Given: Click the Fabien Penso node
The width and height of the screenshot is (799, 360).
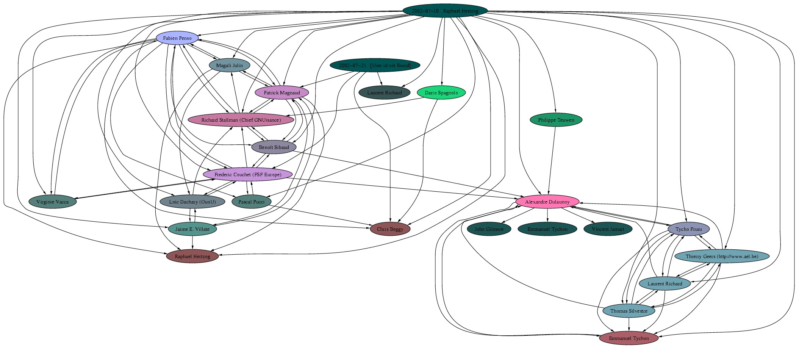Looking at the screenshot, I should click(177, 38).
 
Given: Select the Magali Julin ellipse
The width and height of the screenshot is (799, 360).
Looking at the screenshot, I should click(229, 65).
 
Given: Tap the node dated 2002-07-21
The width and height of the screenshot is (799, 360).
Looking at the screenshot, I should click(375, 65).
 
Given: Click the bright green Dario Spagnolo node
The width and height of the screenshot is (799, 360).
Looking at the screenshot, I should click(441, 92).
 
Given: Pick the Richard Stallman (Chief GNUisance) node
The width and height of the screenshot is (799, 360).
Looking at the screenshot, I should click(241, 120).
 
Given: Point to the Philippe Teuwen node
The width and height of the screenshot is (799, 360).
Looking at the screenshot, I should click(556, 120).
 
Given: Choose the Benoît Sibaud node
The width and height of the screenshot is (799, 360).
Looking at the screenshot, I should click(274, 147).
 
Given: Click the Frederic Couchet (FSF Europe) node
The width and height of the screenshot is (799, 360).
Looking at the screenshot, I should click(248, 174).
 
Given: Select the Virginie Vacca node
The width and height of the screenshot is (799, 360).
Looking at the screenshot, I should click(53, 202).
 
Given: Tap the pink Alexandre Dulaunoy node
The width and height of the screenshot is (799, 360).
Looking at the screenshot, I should click(547, 202).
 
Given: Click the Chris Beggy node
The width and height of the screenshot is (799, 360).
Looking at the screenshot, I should click(390, 229).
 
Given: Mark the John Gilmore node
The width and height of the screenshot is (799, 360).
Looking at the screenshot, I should click(489, 229).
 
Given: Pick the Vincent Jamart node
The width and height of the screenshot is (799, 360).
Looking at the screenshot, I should click(608, 229).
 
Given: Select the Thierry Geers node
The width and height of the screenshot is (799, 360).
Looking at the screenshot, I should click(722, 256).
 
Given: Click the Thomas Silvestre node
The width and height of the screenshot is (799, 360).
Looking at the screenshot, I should click(629, 311).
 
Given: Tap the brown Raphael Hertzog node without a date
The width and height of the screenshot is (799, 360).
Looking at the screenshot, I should click(192, 256).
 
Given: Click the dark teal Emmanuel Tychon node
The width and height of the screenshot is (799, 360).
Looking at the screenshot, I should click(547, 229).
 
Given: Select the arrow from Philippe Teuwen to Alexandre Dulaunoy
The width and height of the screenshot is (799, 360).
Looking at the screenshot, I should click(552, 159).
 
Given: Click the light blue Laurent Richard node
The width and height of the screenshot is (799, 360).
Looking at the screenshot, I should click(665, 283).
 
